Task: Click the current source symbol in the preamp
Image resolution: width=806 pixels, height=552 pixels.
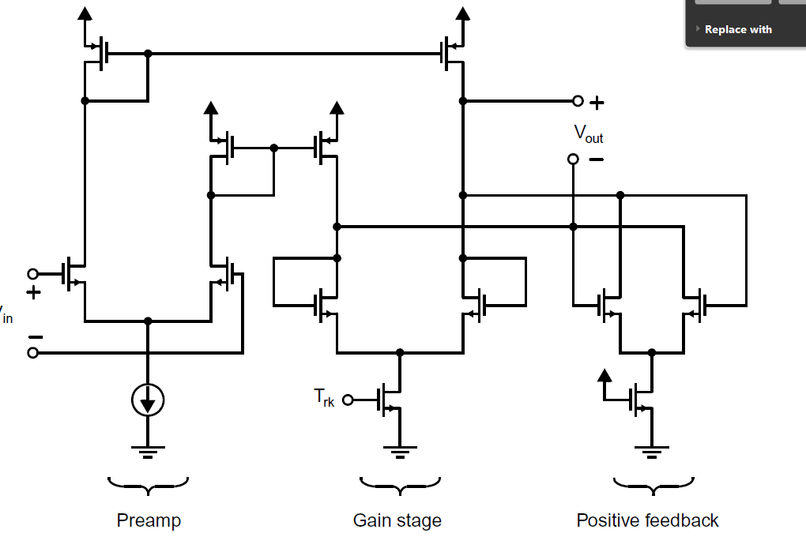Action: [148, 402]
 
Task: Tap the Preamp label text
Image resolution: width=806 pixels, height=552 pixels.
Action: [149, 520]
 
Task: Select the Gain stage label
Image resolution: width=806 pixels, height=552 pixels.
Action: [397, 520]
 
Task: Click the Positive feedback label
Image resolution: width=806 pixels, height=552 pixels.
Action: [647, 520]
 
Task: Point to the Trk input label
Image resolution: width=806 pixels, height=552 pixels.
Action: [324, 398]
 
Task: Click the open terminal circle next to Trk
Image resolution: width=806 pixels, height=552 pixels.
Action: [348, 400]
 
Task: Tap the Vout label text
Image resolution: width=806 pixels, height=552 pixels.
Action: [588, 133]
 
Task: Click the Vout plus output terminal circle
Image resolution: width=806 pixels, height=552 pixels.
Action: [578, 101]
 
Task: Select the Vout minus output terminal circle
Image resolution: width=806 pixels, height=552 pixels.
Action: [573, 160]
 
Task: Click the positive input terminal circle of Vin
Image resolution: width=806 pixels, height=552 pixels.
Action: [32, 274]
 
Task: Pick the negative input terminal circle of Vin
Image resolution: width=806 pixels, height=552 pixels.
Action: [32, 352]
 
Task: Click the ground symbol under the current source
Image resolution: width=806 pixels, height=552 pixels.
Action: [148, 452]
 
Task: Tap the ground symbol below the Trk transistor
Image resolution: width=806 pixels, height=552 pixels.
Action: [400, 452]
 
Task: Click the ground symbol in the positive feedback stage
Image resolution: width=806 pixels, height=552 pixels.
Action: [651, 452]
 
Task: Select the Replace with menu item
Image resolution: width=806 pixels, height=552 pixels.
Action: [737, 29]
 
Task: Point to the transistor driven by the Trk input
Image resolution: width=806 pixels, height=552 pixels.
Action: [390, 400]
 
